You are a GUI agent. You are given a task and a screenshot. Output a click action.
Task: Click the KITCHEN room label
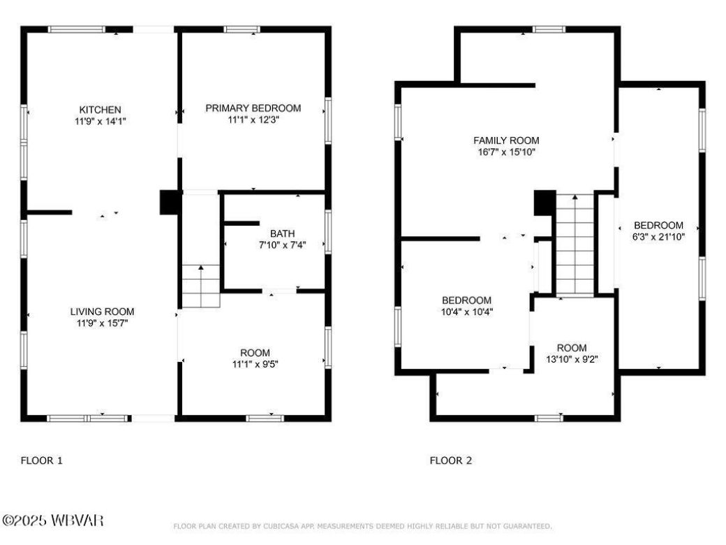(x=101, y=110)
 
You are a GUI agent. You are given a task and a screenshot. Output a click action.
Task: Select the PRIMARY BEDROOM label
(x=253, y=108)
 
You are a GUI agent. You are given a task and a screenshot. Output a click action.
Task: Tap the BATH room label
(x=282, y=233)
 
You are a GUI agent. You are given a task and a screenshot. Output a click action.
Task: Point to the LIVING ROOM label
(x=102, y=312)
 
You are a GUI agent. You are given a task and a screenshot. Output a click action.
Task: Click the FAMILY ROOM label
(x=506, y=140)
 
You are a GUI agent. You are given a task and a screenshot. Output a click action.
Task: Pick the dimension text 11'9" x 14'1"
(x=101, y=121)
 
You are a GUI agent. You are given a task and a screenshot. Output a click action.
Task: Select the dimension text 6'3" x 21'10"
(x=658, y=236)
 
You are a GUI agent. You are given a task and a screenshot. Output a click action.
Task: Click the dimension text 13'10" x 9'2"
(x=572, y=359)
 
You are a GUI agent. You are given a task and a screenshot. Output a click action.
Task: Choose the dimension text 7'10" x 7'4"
(x=282, y=245)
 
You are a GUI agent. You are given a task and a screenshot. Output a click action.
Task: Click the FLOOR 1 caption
(x=42, y=460)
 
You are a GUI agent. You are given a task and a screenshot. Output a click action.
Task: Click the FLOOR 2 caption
(x=450, y=460)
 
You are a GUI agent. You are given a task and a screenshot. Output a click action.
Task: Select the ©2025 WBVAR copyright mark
(x=53, y=521)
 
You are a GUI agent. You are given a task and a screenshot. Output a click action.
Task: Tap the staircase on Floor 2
(x=575, y=245)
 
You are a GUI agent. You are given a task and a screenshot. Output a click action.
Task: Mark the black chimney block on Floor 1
(x=170, y=203)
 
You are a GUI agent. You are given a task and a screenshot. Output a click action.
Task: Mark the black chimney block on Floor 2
(x=544, y=203)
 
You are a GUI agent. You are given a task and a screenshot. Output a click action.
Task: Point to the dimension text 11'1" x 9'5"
(x=254, y=363)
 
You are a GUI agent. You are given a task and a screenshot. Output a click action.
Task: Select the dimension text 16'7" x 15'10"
(x=506, y=152)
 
